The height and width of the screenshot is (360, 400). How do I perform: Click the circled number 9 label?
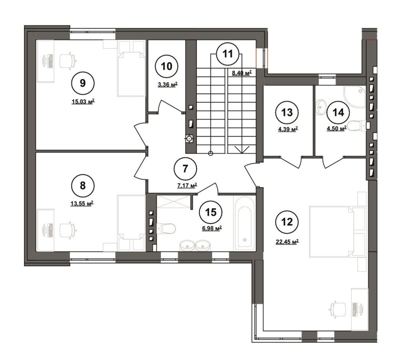coord(83,83)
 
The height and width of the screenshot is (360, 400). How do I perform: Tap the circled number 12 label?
coord(288,222)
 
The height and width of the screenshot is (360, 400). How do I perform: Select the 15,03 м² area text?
coord(83,102)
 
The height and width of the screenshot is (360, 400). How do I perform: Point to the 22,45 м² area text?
coord(287,242)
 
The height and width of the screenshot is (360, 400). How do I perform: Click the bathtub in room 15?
coord(244,223)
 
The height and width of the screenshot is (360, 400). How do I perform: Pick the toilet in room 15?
coord(166,228)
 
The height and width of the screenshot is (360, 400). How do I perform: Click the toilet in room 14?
coord(357,126)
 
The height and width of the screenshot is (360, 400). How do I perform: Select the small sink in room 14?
coord(320,107)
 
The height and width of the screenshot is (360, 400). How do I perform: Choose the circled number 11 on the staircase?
coord(228,54)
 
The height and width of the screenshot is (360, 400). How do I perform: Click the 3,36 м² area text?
coord(167,85)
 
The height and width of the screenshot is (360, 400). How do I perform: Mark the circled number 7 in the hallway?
coord(185,168)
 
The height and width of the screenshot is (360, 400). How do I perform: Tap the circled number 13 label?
coord(287,112)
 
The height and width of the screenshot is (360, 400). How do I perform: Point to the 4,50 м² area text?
coord(336,129)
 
